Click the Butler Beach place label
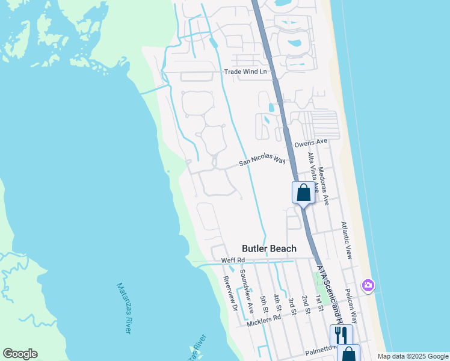[269, 248]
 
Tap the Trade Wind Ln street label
[245, 72]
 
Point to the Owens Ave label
[310, 143]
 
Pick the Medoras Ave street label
[325, 187]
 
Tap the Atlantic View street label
[347, 240]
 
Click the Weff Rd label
[233, 260]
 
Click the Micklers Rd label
[264, 320]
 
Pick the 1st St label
[320, 303]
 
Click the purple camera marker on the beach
[368, 285]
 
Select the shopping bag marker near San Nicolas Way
[303, 193]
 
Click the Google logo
[20, 354]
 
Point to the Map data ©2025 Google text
[412, 356]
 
